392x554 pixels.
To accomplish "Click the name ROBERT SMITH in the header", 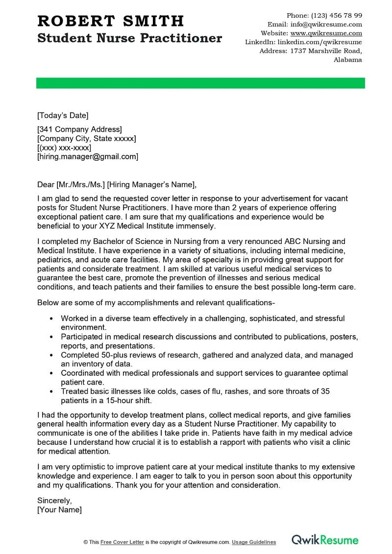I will [x=111, y=21].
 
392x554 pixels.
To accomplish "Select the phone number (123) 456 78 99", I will [x=338, y=15].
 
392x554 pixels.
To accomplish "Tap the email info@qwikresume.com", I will [x=326, y=24].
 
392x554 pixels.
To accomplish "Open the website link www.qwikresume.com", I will [x=326, y=33].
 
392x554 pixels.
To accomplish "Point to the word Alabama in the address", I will [x=347, y=60].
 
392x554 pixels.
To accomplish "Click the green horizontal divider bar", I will [x=200, y=83].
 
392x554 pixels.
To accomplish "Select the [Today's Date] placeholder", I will [x=63, y=116].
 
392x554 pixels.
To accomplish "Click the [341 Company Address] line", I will [x=79, y=129].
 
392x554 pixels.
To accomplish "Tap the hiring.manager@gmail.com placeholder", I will [x=88, y=157].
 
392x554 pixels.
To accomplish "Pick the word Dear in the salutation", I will [x=46, y=184].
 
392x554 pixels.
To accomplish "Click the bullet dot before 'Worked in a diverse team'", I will [x=52, y=318].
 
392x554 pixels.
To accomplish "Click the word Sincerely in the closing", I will [x=54, y=501].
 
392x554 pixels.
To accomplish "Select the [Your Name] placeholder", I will [x=59, y=509].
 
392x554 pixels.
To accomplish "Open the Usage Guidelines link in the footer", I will [x=254, y=542].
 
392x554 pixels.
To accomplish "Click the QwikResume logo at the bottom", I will [x=325, y=540].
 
